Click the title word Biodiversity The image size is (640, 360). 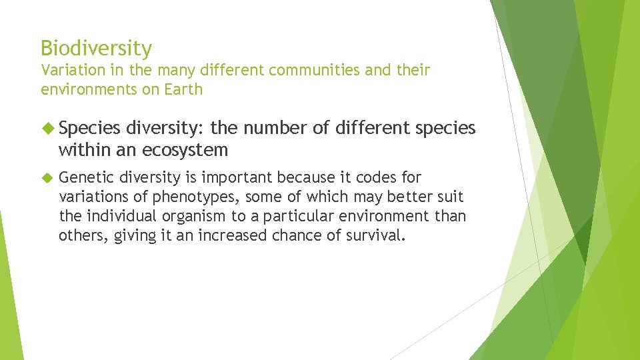[x=96, y=49]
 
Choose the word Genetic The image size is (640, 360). [x=86, y=178]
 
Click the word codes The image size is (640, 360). [x=374, y=177]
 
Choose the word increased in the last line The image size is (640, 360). [x=257, y=235]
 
